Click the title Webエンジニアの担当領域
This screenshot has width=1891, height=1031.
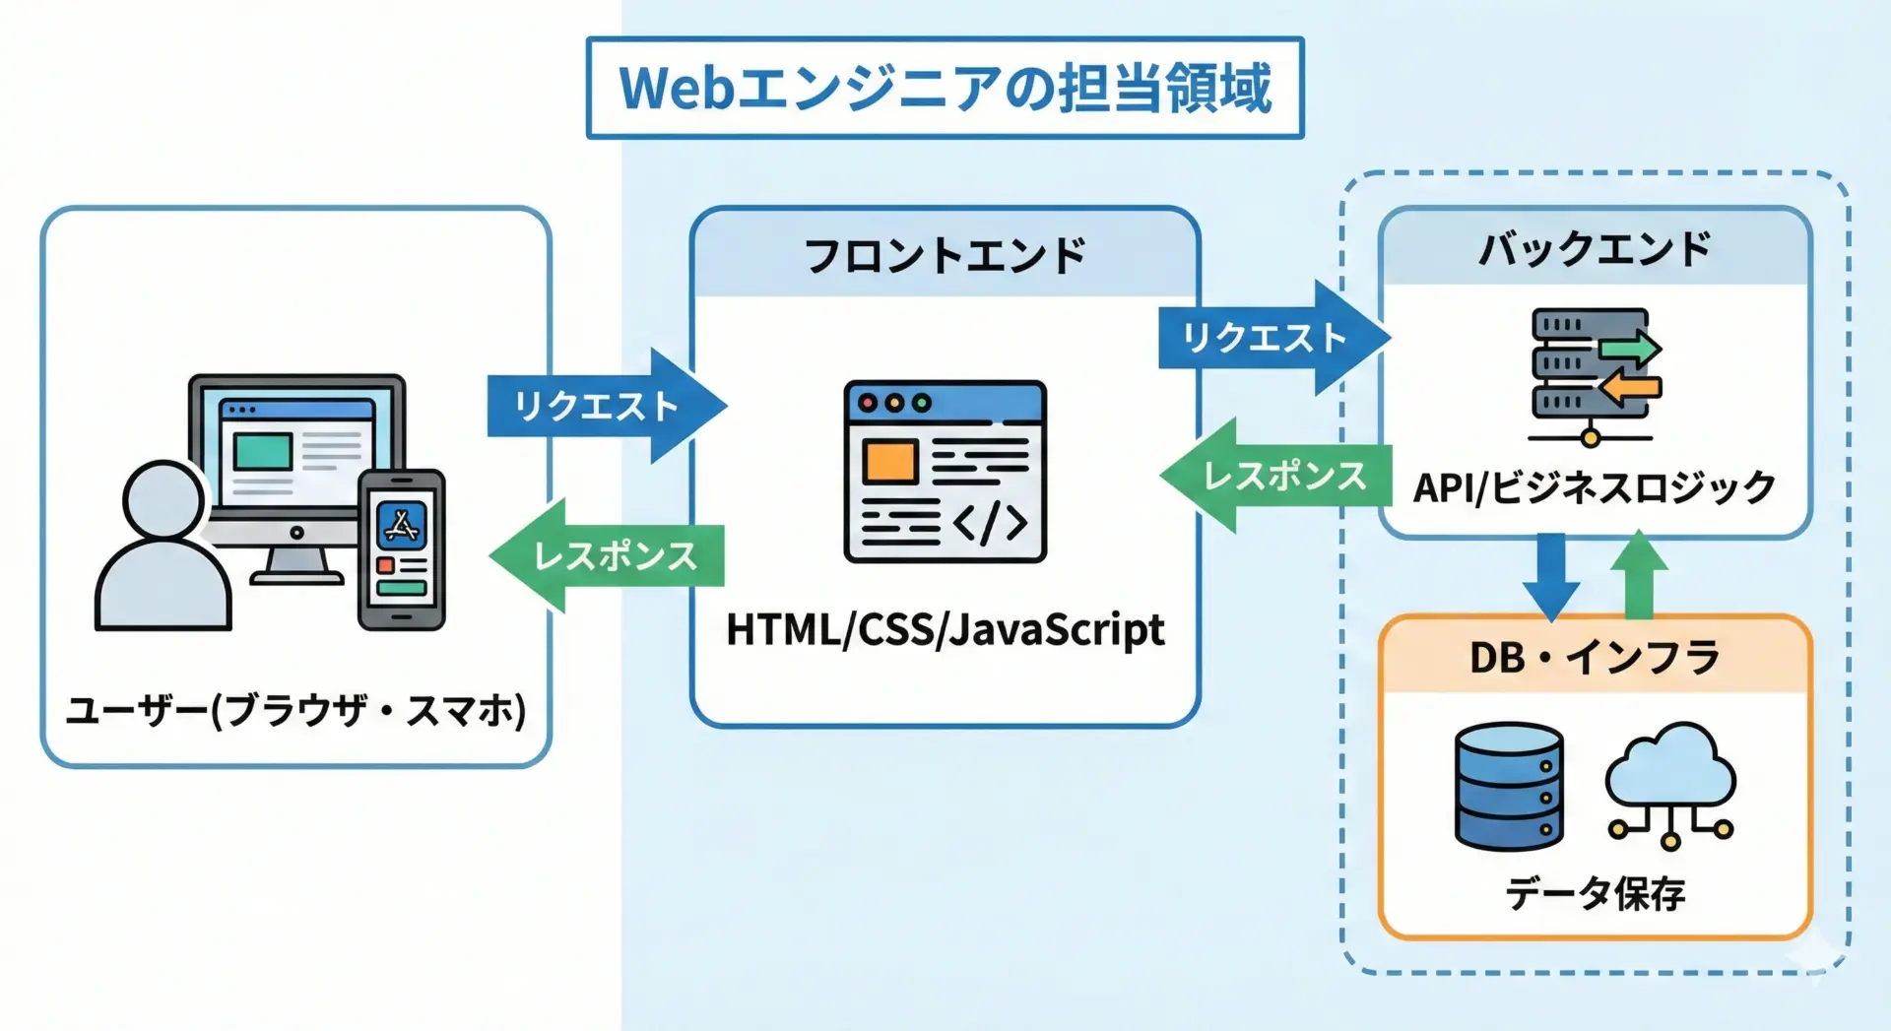[x=945, y=88]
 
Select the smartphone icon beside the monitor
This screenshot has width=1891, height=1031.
[x=401, y=549]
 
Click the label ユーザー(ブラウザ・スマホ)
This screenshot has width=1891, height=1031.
[x=295, y=710]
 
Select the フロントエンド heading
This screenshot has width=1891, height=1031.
[x=945, y=255]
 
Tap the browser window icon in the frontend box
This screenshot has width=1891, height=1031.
[x=945, y=472]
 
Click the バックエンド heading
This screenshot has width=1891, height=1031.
[x=1595, y=249]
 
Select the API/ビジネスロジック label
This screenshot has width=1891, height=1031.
[x=1595, y=487]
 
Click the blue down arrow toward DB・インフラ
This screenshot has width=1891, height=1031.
[x=1551, y=576]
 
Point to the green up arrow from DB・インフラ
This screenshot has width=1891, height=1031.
[x=1639, y=576]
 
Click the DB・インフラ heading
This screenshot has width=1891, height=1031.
[x=1595, y=658]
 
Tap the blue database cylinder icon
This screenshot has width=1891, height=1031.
[x=1509, y=786]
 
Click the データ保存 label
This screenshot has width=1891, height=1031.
[x=1595, y=893]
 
